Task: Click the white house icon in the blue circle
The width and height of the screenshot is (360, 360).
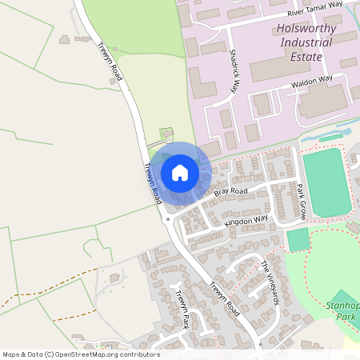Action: point(180,172)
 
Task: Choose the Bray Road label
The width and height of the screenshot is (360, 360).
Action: point(231,192)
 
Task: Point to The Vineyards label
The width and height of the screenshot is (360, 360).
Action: point(270,282)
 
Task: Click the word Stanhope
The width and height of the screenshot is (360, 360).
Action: point(343,305)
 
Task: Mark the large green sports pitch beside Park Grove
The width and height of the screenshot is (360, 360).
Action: point(326,182)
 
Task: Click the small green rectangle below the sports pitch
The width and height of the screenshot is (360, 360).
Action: point(298,239)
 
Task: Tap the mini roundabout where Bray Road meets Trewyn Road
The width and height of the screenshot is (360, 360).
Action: point(168,218)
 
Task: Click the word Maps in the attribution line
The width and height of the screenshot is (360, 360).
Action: point(12,354)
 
